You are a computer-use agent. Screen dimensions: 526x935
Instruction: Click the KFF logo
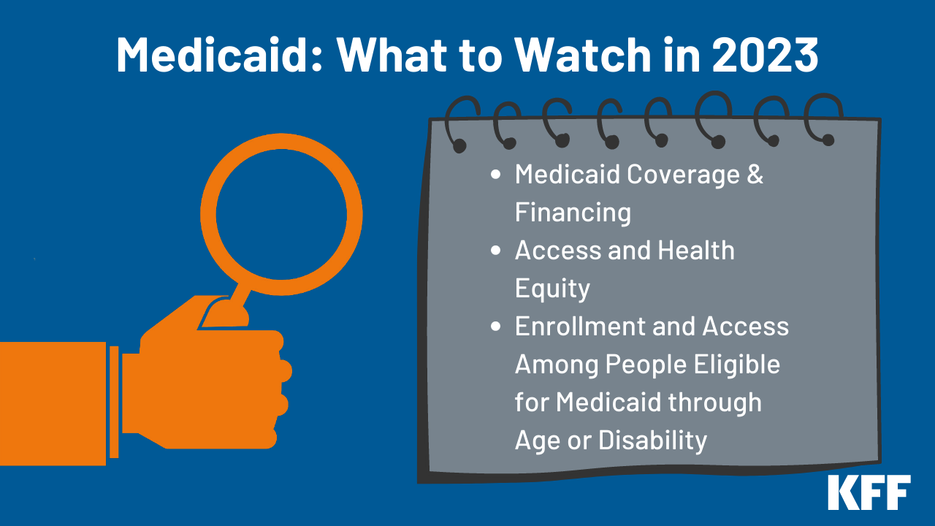(x=869, y=492)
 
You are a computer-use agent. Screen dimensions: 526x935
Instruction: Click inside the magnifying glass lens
(x=281, y=215)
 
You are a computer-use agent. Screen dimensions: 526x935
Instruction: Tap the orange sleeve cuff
(x=114, y=402)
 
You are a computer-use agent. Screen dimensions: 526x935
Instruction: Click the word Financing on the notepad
(x=573, y=213)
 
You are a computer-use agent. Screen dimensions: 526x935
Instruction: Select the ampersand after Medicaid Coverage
(x=755, y=175)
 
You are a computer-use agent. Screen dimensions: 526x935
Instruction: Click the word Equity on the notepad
(x=552, y=289)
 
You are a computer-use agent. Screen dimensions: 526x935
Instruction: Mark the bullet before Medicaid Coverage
(x=497, y=175)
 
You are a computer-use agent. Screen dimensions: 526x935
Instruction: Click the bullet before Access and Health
(x=497, y=251)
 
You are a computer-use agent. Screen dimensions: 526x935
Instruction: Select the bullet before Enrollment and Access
(x=497, y=327)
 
